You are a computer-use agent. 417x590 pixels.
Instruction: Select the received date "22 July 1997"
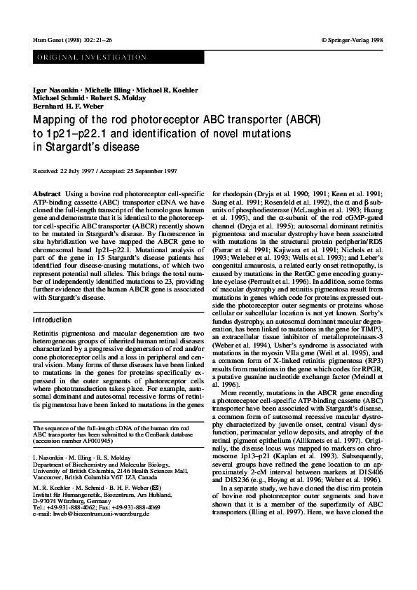coord(77,170)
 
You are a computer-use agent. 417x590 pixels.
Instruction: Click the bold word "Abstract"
coord(46,192)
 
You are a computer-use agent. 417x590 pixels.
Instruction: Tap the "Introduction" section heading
coord(53,320)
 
